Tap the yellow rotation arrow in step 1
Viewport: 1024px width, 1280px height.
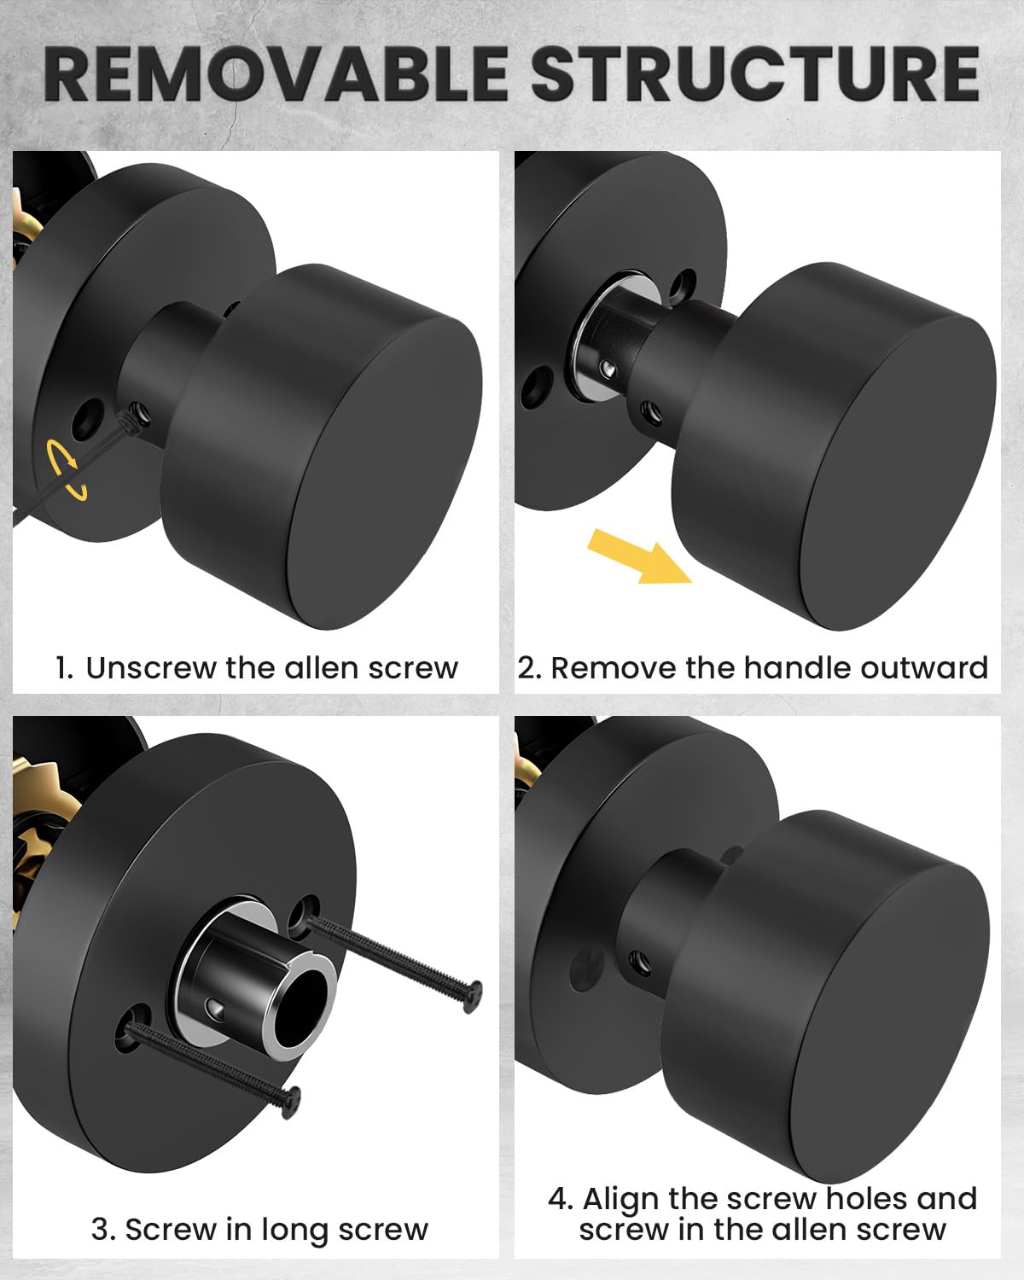(x=67, y=469)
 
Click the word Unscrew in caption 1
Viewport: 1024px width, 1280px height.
(x=151, y=668)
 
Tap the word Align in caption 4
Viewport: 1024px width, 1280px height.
(x=622, y=1199)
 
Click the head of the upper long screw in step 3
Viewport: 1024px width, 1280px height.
(x=473, y=997)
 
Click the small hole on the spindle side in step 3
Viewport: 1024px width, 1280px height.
(x=215, y=1006)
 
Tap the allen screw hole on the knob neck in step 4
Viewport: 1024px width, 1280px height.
(x=639, y=960)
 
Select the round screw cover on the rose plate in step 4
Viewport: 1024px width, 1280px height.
(x=587, y=969)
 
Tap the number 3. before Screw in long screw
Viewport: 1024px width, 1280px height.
(x=103, y=1229)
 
